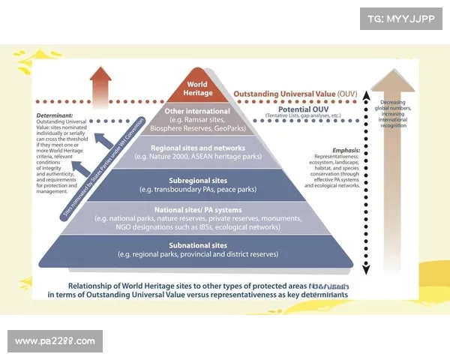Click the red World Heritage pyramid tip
[x=197, y=88]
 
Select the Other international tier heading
[x=196, y=111]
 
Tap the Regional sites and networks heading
[x=197, y=148]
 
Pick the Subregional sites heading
[x=197, y=180]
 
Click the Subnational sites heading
[x=197, y=245]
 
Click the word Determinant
[x=55, y=115]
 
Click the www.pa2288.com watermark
[x=55, y=341]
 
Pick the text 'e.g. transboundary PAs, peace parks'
[x=197, y=190]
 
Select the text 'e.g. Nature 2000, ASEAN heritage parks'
[x=197, y=157]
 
